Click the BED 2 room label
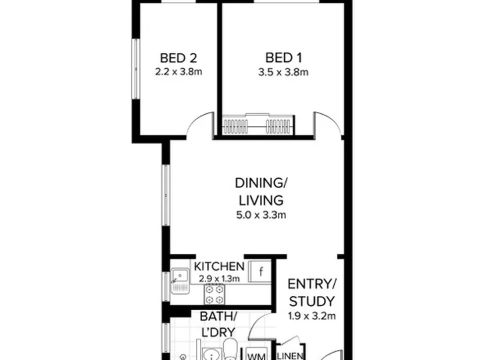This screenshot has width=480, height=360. tap(178, 58)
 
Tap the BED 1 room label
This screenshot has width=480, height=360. tap(283, 58)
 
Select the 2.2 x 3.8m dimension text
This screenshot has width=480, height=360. tap(179, 72)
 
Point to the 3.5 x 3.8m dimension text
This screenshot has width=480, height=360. tap(283, 72)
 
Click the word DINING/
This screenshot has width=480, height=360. tap(261, 183)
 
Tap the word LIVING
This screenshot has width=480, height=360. tap(261, 201)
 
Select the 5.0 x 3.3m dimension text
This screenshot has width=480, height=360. tap(261, 215)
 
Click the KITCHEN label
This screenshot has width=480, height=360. tap(219, 267)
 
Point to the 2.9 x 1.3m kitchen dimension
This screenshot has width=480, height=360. tap(219, 279)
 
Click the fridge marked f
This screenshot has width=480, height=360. tap(260, 271)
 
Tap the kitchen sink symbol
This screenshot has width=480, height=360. tap(180, 281)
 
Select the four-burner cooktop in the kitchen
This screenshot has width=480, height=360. tap(214, 294)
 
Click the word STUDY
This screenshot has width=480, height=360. tap(312, 301)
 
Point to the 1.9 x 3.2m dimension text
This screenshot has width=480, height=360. tap(312, 315)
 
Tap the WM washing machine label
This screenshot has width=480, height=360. tap(256, 357)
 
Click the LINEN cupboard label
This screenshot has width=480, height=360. tap(290, 356)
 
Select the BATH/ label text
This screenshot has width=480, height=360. tap(218, 317)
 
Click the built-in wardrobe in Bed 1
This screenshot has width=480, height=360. tap(258, 125)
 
